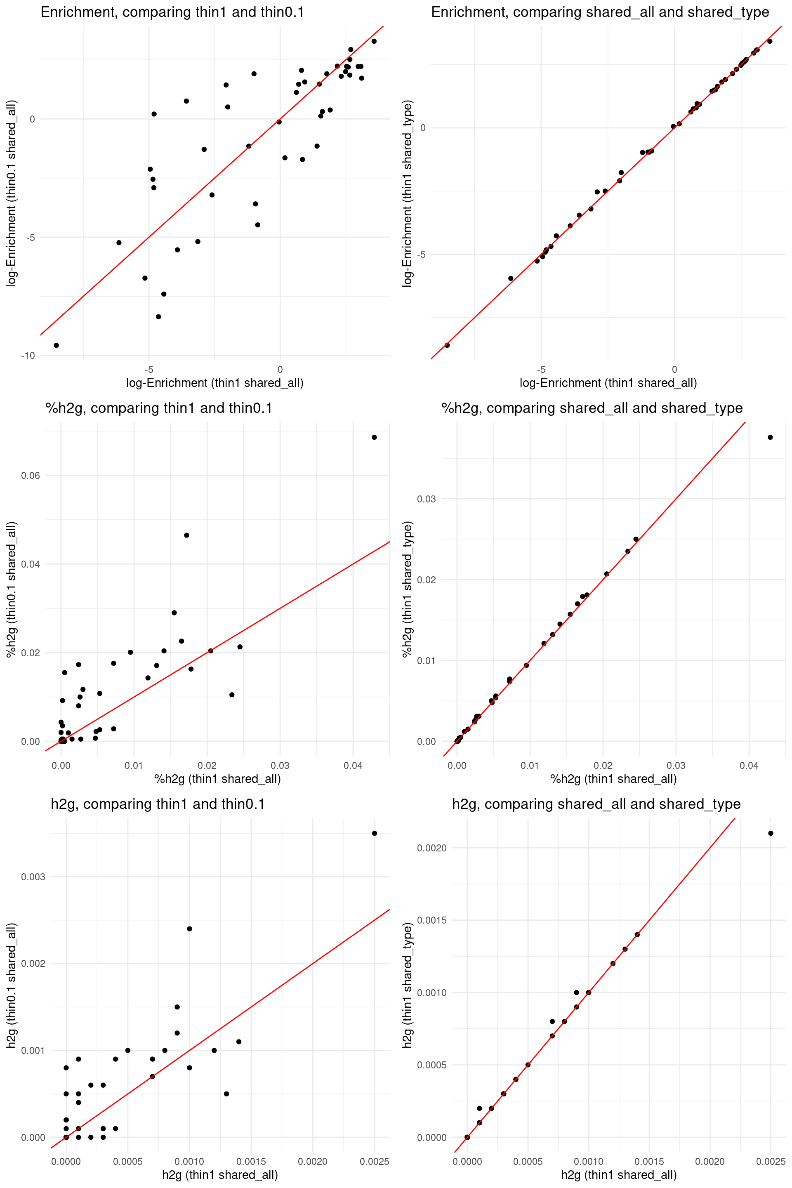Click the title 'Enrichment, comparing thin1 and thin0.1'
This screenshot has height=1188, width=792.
coord(172,12)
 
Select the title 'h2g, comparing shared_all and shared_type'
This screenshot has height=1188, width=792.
coord(596,804)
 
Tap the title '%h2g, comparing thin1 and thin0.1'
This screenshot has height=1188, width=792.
coord(158,408)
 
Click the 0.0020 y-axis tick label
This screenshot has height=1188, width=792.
coord(432,848)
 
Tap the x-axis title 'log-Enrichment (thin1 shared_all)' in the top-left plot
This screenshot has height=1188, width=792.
coord(214,383)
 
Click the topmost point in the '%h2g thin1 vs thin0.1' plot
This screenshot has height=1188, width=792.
coord(374,437)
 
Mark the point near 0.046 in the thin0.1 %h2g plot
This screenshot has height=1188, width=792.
coord(186,535)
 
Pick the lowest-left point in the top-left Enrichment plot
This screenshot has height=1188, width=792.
coord(56,346)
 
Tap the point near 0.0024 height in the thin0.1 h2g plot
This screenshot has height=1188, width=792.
coord(189,929)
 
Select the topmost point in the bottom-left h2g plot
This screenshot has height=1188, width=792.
coord(374,833)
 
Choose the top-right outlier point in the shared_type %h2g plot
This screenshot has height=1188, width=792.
coord(770,437)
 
